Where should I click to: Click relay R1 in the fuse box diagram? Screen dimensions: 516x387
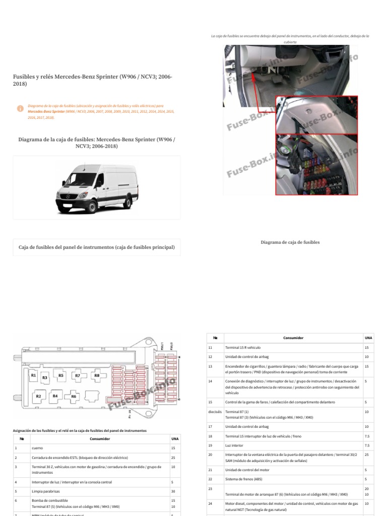33,376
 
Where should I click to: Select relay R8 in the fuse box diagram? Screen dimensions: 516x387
97,376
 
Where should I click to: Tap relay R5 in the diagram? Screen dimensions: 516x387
61,376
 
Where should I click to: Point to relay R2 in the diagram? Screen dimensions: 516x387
38,397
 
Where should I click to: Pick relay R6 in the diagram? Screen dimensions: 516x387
74,397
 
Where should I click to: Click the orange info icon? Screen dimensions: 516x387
20,108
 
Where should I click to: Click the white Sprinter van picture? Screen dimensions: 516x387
96,187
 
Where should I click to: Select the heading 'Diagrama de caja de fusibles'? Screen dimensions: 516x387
290,242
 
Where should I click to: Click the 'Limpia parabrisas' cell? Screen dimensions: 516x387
44,491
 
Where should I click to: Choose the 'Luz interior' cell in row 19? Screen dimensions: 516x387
235,445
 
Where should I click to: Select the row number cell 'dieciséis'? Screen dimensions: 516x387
215,412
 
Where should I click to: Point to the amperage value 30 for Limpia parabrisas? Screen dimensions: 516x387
173,491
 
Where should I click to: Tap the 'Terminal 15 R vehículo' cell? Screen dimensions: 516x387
243,348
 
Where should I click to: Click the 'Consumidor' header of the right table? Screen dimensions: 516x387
293,338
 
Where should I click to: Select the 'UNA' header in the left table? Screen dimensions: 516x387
175,438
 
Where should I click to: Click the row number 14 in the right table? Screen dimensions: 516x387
211,381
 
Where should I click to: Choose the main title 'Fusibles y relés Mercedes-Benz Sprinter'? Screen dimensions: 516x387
92,80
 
